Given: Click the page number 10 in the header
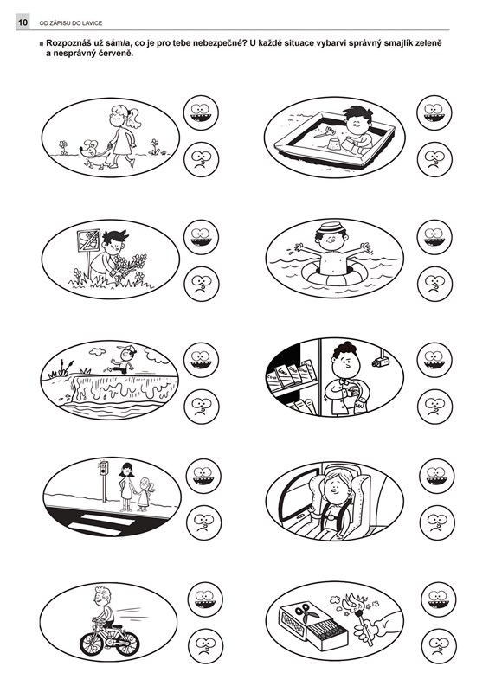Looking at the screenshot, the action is [x=23, y=22].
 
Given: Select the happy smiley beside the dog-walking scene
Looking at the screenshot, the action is [x=201, y=112].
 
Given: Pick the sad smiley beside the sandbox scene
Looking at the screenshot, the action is [x=434, y=159].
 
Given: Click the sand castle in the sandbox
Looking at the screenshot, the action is [x=335, y=144].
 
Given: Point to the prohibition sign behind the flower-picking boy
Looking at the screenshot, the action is [x=88, y=240].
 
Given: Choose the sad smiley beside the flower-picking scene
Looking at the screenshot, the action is [x=201, y=284].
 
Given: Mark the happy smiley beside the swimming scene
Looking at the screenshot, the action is [x=434, y=236].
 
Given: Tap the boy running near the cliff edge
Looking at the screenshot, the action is [x=122, y=359].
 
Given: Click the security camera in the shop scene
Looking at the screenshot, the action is [x=380, y=361].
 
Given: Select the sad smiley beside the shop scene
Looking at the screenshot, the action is [x=434, y=407].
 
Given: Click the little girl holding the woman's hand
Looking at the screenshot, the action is [x=145, y=494].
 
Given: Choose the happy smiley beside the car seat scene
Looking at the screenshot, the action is [x=436, y=476].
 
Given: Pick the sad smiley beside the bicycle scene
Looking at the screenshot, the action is [x=205, y=646].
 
